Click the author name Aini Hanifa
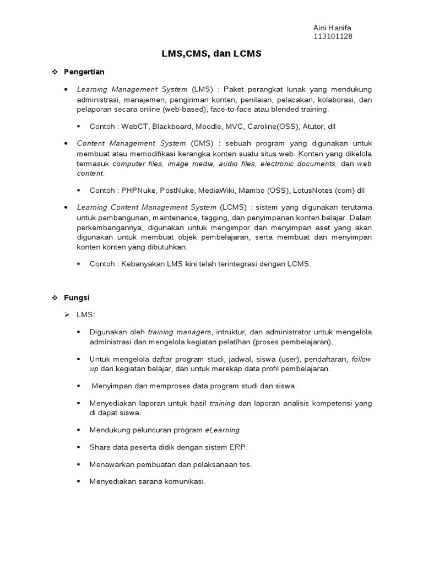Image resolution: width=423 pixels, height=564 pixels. tap(332, 28)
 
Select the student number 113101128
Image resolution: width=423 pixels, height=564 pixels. tap(333, 36)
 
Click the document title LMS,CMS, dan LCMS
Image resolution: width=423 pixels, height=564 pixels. tap(211, 54)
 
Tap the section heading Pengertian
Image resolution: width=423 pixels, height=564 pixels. tap(84, 72)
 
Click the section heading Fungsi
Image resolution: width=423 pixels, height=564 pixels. tap(77, 297)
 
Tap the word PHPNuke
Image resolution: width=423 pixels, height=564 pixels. tap(139, 191)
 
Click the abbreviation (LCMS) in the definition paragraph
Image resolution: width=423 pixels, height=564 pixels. tap(233, 207)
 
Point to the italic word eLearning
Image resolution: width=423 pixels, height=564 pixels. tap(223, 430)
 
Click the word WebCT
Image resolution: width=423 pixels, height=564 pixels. tap(134, 126)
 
